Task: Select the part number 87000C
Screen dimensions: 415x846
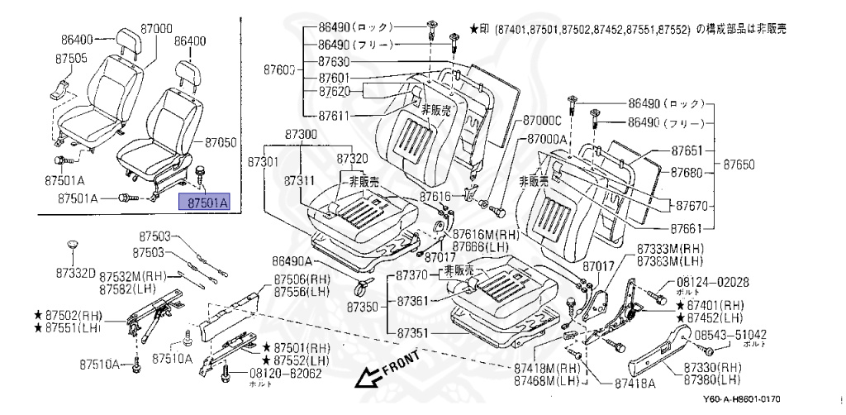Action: [x=542, y=121]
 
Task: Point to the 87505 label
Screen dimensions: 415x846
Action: [x=72, y=60]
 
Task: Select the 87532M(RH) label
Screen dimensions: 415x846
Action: [x=133, y=275]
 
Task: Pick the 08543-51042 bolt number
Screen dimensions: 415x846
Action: [x=730, y=334]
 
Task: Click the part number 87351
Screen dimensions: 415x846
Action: [x=416, y=333]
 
